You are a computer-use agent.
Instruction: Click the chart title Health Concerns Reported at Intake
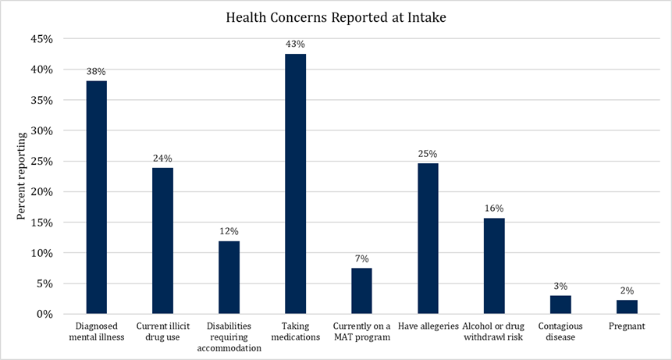pyautogui.click(x=336, y=16)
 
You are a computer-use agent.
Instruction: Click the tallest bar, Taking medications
pyautogui.click(x=295, y=184)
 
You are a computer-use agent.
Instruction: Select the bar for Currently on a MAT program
pyautogui.click(x=361, y=290)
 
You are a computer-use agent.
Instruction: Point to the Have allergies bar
pyautogui.click(x=428, y=238)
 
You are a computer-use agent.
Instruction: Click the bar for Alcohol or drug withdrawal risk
pyautogui.click(x=494, y=266)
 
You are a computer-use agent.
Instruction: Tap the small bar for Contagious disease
pyautogui.click(x=560, y=305)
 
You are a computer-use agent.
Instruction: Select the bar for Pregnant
pyautogui.click(x=627, y=307)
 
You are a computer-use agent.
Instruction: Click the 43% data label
pyautogui.click(x=295, y=44)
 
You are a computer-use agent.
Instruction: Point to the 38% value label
pyautogui.click(x=96, y=71)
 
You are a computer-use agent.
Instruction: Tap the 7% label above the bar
pyautogui.click(x=361, y=258)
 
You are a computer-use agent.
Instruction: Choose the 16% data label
pyautogui.click(x=494, y=208)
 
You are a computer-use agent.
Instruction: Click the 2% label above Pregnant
pyautogui.click(x=627, y=290)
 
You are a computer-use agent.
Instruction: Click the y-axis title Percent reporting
pyautogui.click(x=22, y=176)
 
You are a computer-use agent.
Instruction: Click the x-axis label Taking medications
pyautogui.click(x=295, y=332)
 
